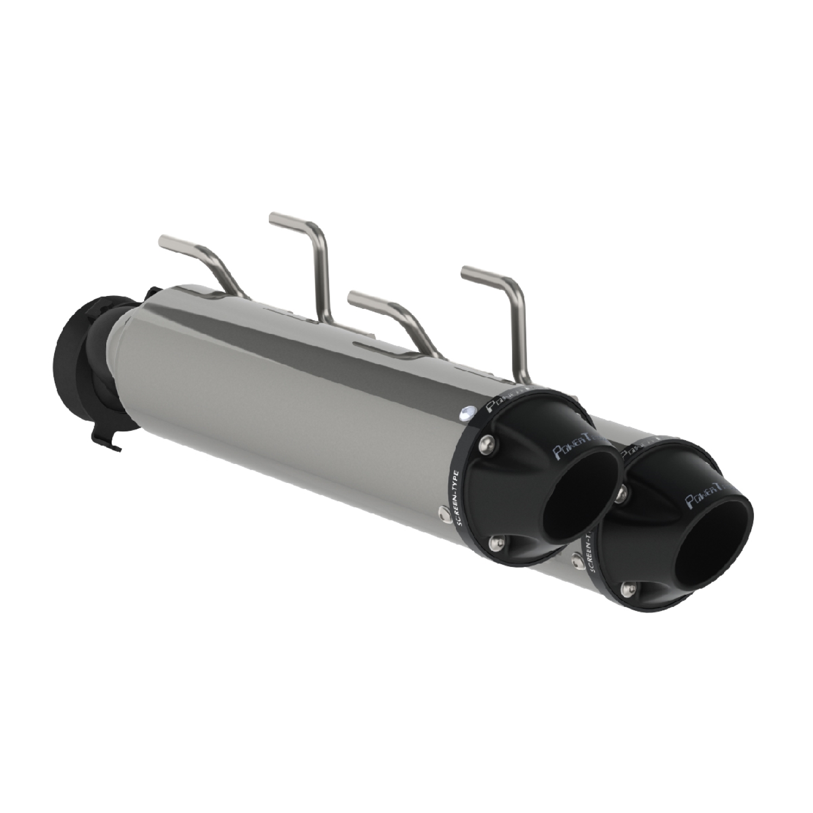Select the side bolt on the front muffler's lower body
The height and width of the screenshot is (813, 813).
(443, 511)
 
